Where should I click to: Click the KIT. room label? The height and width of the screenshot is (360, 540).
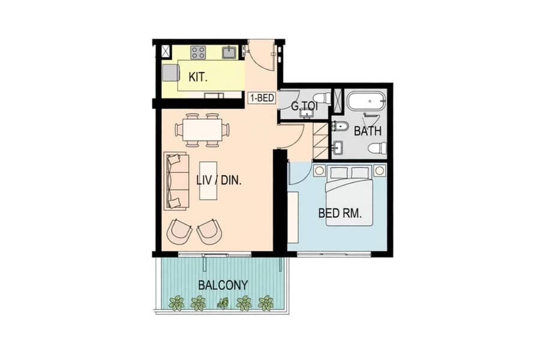[198, 77]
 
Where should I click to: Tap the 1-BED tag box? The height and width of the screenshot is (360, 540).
[262, 98]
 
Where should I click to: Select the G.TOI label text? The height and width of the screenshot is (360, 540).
[304, 106]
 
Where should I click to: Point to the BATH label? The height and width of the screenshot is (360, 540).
[368, 131]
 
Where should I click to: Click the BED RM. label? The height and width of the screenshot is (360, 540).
[340, 213]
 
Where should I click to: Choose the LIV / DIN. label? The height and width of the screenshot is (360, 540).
[218, 180]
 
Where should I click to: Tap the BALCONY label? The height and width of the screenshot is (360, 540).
[223, 285]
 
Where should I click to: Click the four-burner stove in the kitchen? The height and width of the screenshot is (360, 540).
[199, 52]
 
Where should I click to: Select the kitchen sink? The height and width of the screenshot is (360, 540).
[229, 52]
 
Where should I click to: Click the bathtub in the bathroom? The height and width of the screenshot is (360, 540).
[366, 101]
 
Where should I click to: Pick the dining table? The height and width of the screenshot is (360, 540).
[202, 130]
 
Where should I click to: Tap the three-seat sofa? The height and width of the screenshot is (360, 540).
[176, 181]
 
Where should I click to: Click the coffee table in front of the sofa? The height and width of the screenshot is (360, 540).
[208, 181]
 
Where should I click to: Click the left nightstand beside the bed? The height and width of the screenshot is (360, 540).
[319, 171]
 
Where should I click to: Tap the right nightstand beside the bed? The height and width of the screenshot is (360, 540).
[380, 170]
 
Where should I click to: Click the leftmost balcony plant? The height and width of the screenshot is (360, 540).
[176, 303]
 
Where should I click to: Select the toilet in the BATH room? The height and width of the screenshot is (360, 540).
[377, 148]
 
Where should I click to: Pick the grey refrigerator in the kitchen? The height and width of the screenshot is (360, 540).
[171, 73]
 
